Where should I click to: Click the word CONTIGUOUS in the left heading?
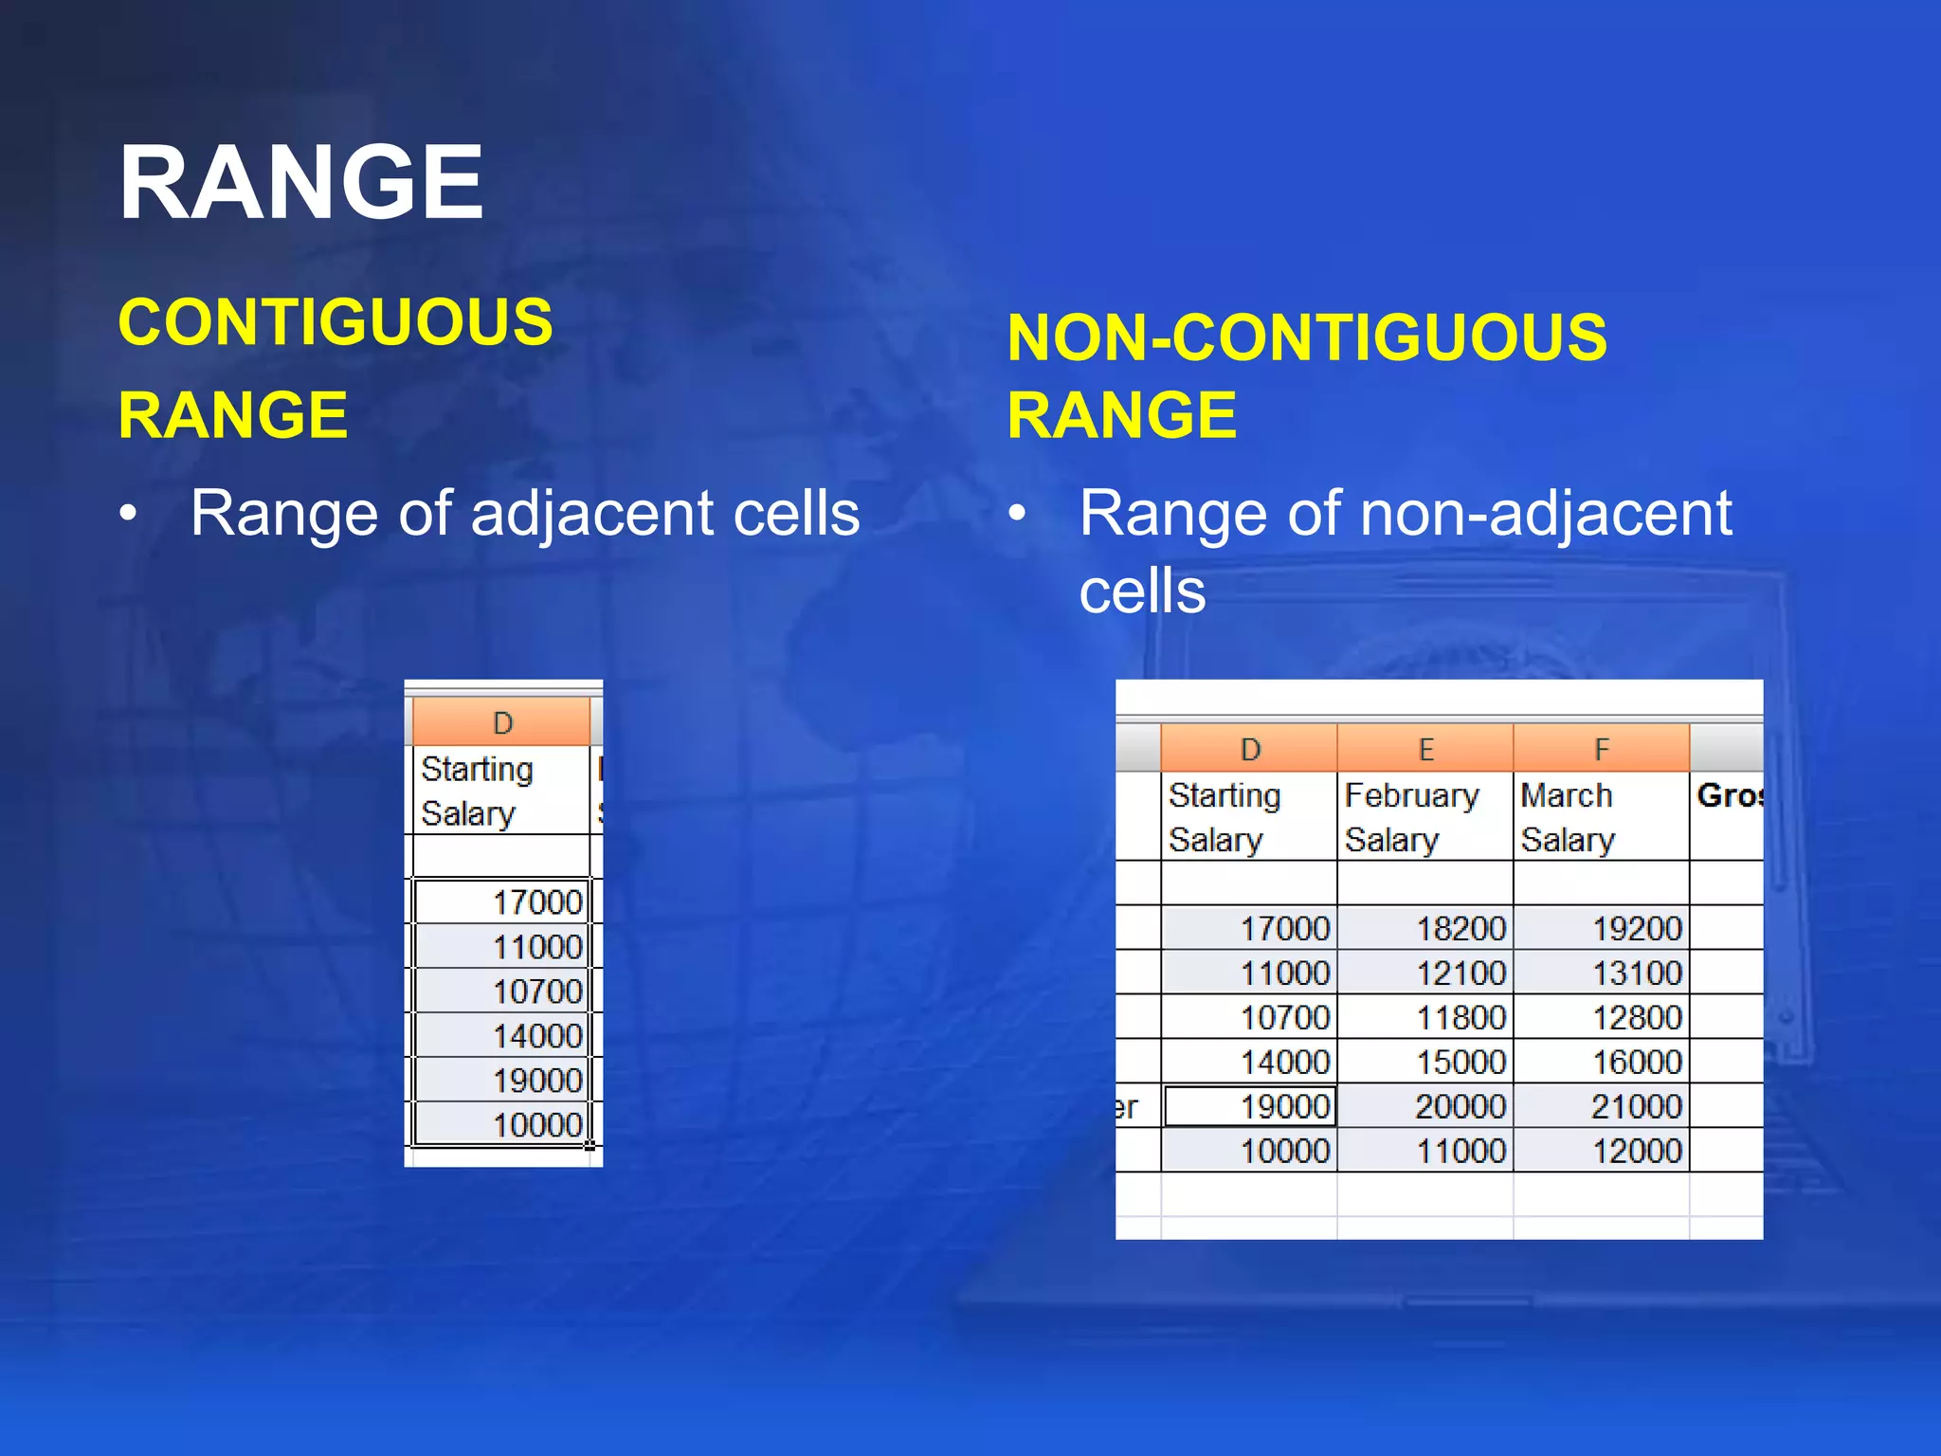pyautogui.click(x=336, y=322)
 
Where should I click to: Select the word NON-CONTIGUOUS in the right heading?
pyautogui.click(x=1306, y=337)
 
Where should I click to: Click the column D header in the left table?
pyautogui.click(x=502, y=723)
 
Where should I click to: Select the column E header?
pyautogui.click(x=1424, y=749)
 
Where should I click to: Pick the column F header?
pyautogui.click(x=1601, y=749)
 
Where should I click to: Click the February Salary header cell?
pyautogui.click(x=1424, y=817)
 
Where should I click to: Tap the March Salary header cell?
pyautogui.click(x=1601, y=817)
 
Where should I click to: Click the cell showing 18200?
pyautogui.click(x=1424, y=928)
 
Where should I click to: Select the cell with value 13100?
pyautogui.click(x=1601, y=973)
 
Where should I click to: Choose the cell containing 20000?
pyautogui.click(x=1424, y=1106)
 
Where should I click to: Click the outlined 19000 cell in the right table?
pyautogui.click(x=1250, y=1106)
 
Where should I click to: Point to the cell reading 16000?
pyautogui.click(x=1601, y=1062)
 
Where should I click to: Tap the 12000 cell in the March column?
pyautogui.click(x=1601, y=1151)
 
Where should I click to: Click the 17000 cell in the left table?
pyautogui.click(x=502, y=901)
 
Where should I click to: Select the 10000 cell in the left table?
pyautogui.click(x=502, y=1124)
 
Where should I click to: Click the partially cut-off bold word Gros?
pyautogui.click(x=1729, y=795)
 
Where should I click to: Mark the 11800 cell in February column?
pyautogui.click(x=1424, y=1017)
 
